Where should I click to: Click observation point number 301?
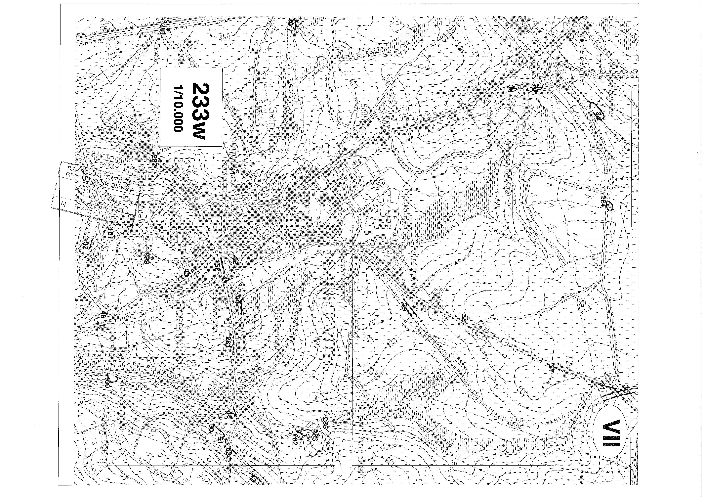coord(162,29)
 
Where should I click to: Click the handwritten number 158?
coord(217,265)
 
